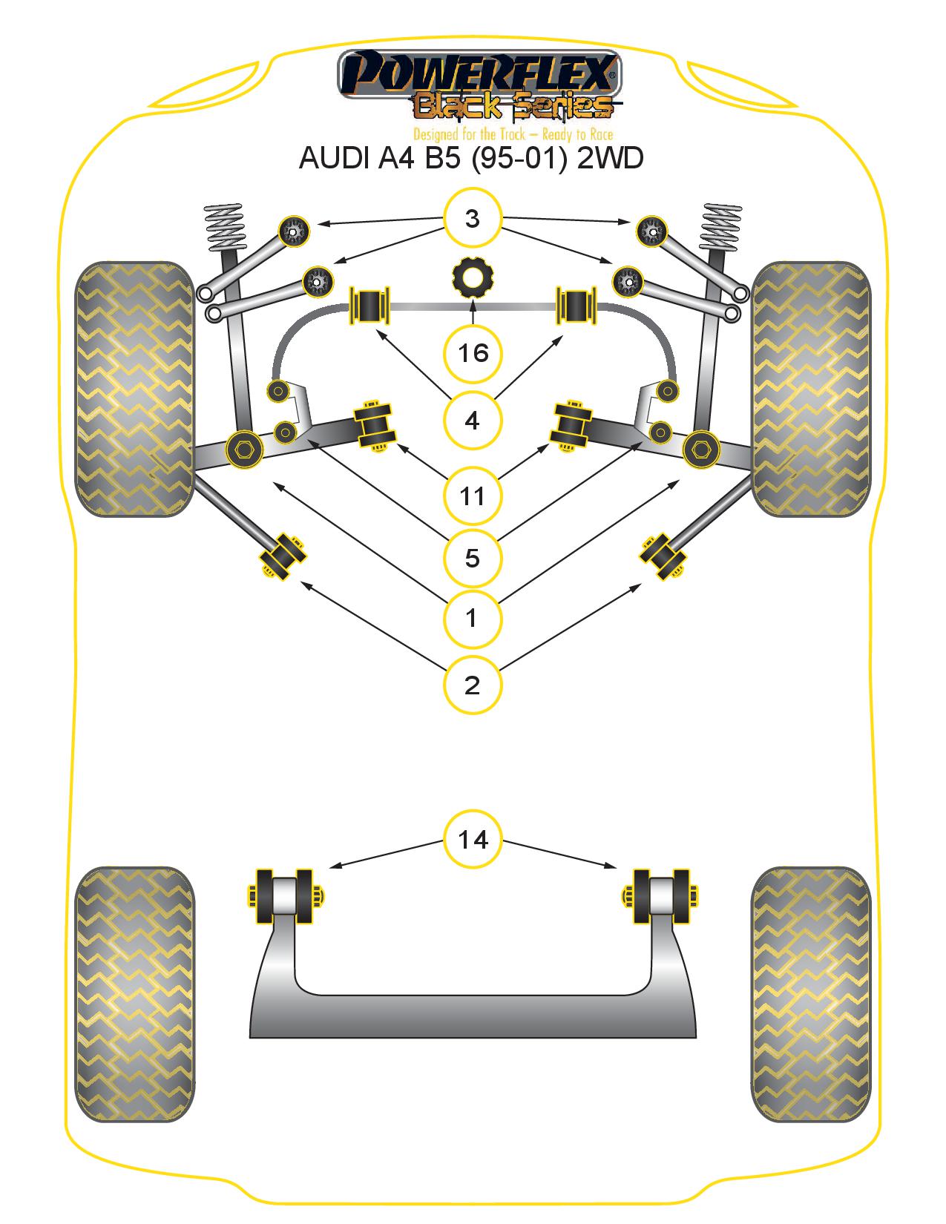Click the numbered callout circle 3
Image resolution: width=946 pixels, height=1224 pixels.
pos(472,218)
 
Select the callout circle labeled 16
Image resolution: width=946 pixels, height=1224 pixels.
pos(472,353)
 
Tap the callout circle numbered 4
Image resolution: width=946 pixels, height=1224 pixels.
pos(472,420)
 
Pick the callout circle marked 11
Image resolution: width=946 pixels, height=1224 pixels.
pos(472,496)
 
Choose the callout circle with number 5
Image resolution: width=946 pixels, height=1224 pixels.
pos(472,558)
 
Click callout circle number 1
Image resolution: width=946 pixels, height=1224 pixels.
pos(472,619)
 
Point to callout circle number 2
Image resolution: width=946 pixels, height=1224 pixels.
pos(472,685)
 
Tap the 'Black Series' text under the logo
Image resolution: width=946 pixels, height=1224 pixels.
pos(513,107)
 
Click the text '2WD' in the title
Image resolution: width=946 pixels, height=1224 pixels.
pos(610,158)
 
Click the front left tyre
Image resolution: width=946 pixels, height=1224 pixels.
pos(134,389)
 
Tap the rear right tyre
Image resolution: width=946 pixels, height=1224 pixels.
pos(811,993)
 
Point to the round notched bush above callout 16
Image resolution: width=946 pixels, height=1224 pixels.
pos(472,277)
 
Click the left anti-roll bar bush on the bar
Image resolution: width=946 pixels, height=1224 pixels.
pos(369,306)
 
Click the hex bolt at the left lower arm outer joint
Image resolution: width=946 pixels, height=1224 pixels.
pos(244,449)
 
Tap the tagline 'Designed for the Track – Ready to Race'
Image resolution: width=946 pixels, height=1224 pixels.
pos(513,134)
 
